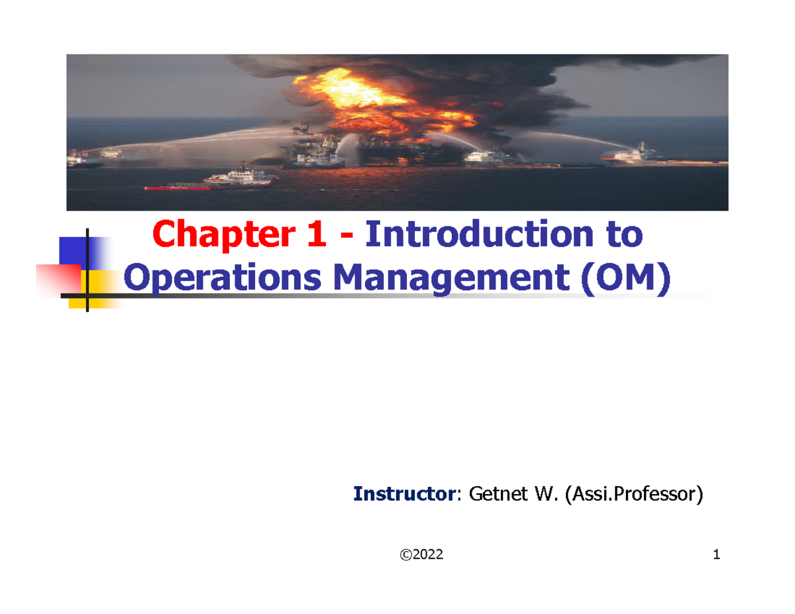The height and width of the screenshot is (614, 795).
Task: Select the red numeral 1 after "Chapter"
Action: [x=316, y=234]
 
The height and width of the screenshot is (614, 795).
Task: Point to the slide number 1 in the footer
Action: [x=716, y=555]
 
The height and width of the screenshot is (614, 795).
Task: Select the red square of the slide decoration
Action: [x=56, y=279]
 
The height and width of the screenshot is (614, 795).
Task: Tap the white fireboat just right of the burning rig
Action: [x=487, y=158]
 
